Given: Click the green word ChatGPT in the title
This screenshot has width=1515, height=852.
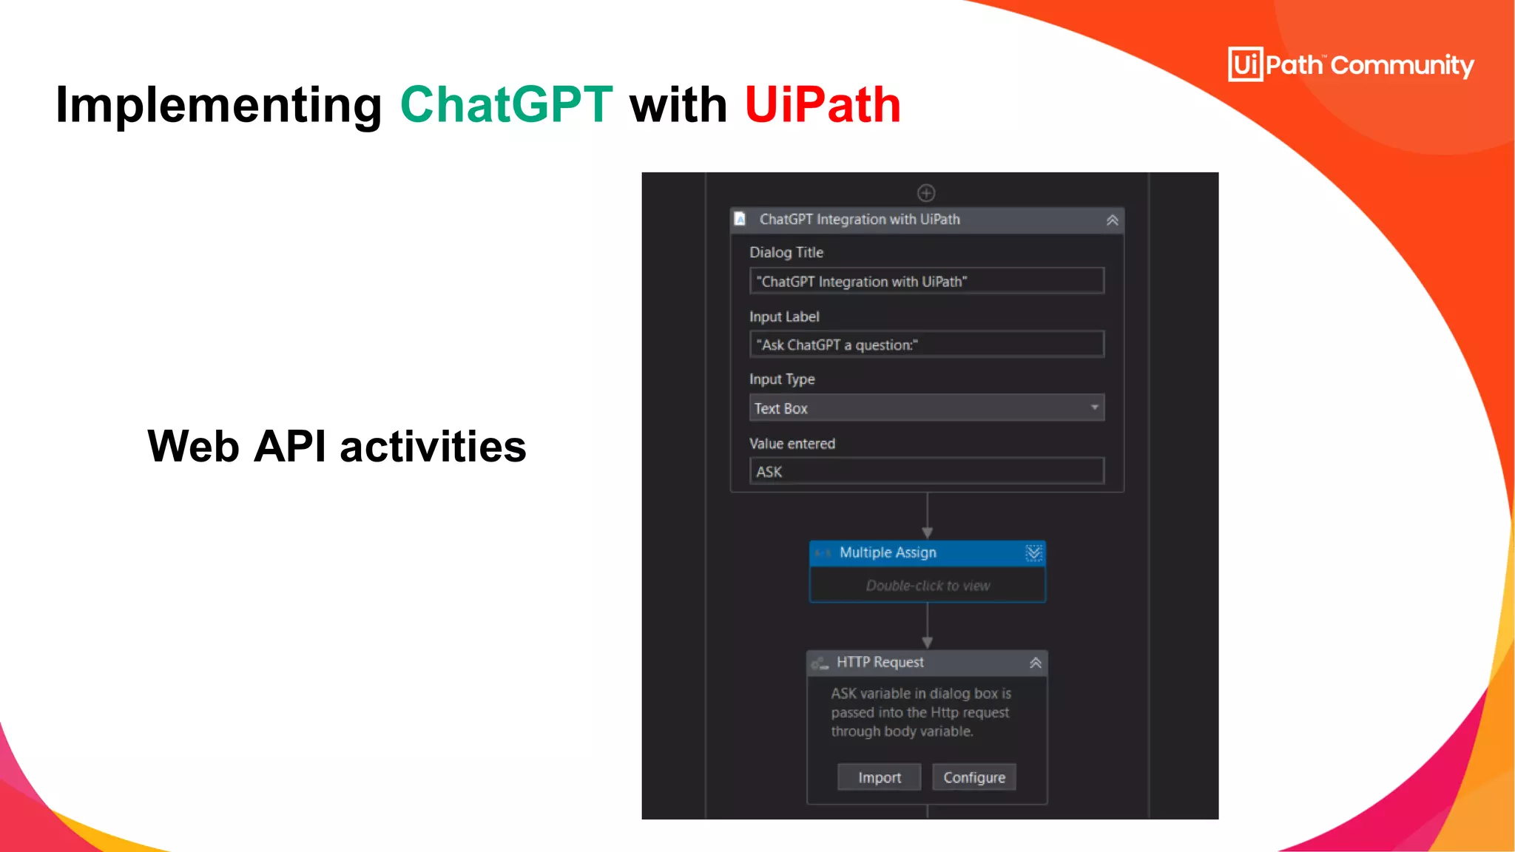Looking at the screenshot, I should point(506,104).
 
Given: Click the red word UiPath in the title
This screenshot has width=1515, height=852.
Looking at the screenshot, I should point(823,104).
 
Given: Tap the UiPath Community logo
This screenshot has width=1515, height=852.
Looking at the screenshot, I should point(1351,64).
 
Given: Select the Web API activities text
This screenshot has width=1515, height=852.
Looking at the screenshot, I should point(337,446).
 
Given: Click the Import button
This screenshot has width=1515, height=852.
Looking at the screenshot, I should point(879,777).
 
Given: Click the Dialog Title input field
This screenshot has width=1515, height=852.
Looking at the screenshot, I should point(926,281).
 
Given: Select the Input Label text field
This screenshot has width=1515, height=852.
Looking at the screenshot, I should point(926,345).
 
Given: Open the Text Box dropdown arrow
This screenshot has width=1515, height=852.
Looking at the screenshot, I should point(1094,408).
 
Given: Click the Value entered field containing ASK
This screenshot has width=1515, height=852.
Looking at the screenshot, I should point(926,471).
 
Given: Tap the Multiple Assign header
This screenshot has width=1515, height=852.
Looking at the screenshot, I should point(888,552).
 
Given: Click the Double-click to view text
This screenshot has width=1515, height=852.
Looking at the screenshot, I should point(928,586).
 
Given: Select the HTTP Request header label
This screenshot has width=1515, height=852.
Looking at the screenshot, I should point(880,662).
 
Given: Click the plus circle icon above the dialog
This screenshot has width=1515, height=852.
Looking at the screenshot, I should point(926,193).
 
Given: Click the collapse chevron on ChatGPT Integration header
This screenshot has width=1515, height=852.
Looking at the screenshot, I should point(1112,220).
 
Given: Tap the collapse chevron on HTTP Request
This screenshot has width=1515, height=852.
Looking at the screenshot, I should point(1036,663).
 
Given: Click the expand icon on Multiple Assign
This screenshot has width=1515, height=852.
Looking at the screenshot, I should point(1033,553).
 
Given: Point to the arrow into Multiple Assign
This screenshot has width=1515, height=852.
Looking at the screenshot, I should point(927,532).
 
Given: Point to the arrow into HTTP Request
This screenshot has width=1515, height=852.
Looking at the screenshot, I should point(927,641).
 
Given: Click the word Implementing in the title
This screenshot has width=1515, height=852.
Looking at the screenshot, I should point(219,104).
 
